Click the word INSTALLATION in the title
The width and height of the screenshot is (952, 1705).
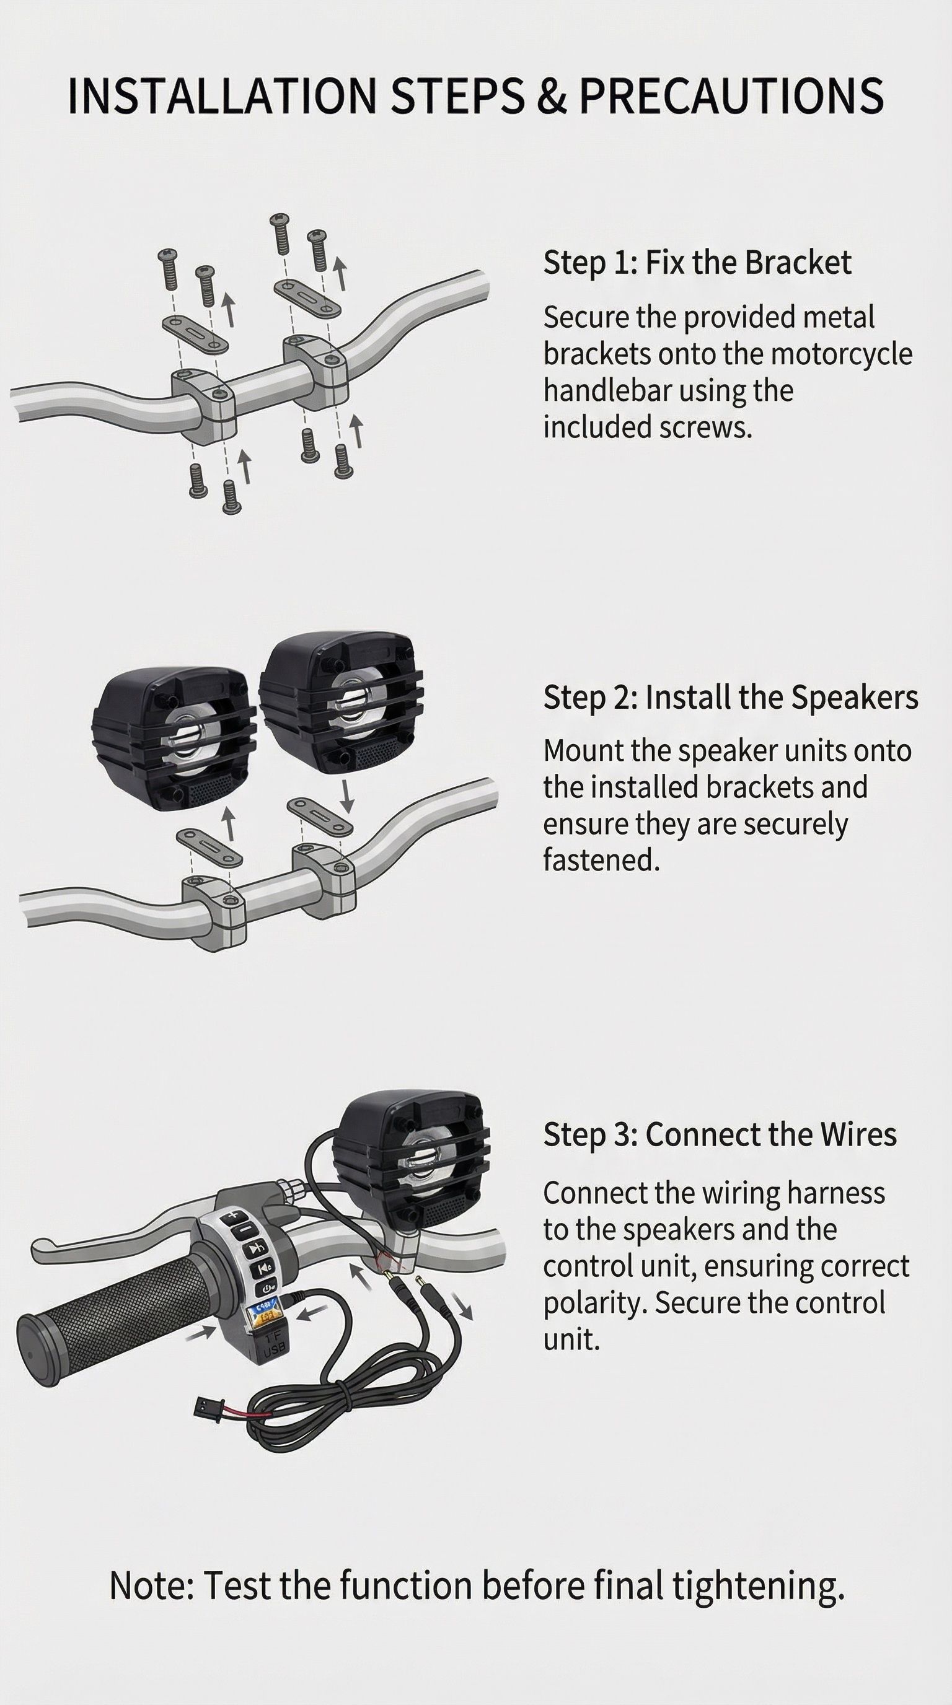tap(222, 95)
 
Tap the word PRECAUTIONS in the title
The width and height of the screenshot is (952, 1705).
tap(731, 95)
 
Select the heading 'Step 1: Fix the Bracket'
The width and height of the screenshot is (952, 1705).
tap(697, 262)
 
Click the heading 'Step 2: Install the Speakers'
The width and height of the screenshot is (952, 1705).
tap(731, 697)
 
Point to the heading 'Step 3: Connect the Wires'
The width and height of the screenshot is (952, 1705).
tap(720, 1134)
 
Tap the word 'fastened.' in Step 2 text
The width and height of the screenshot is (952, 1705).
tap(601, 860)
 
